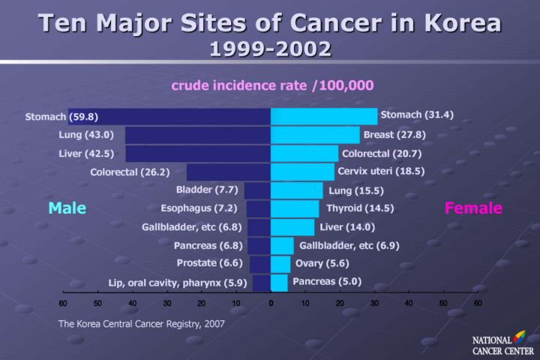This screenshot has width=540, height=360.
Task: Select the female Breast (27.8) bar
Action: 315,135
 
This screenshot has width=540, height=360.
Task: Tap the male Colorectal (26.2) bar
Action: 229,172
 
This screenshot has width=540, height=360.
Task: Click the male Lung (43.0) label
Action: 85,135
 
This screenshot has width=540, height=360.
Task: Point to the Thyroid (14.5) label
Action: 360,208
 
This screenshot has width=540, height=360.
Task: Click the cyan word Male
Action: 67,208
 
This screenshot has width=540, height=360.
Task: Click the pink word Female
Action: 473,208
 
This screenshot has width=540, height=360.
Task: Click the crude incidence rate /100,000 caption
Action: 272,85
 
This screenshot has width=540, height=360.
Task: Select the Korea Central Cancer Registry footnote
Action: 142,324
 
